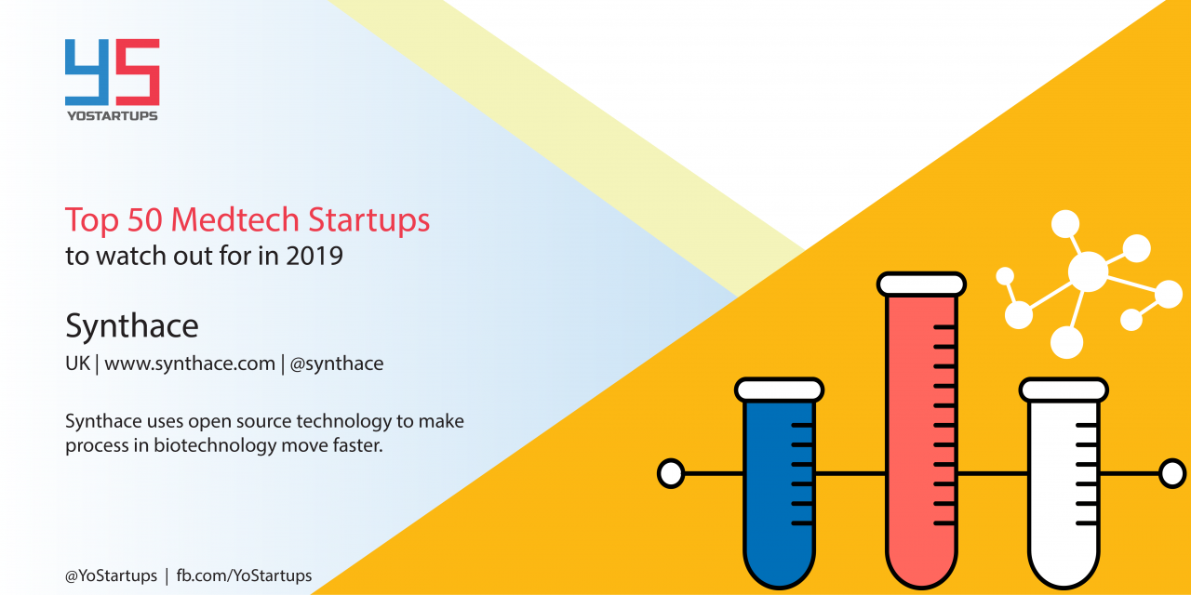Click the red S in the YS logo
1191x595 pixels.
click(138, 73)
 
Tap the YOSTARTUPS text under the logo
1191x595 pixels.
click(113, 116)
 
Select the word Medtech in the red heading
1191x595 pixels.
click(234, 218)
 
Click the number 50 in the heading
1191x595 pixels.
click(144, 218)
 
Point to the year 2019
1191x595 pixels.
click(314, 256)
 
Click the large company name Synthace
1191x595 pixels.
click(132, 326)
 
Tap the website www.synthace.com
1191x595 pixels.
click(190, 364)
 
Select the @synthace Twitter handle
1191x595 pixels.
click(337, 364)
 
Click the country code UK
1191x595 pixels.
click(77, 364)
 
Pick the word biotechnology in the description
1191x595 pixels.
click(215, 445)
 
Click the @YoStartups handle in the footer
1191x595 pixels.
click(111, 575)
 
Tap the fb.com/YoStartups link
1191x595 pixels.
click(244, 575)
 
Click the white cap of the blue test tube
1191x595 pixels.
click(779, 390)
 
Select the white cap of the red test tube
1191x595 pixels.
click(921, 284)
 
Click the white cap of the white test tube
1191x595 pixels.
click(1064, 390)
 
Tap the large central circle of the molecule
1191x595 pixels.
click(1088, 272)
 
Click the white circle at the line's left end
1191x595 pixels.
click(671, 473)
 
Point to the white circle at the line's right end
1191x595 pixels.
click(1172, 473)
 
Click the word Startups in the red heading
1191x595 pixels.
click(369, 220)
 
